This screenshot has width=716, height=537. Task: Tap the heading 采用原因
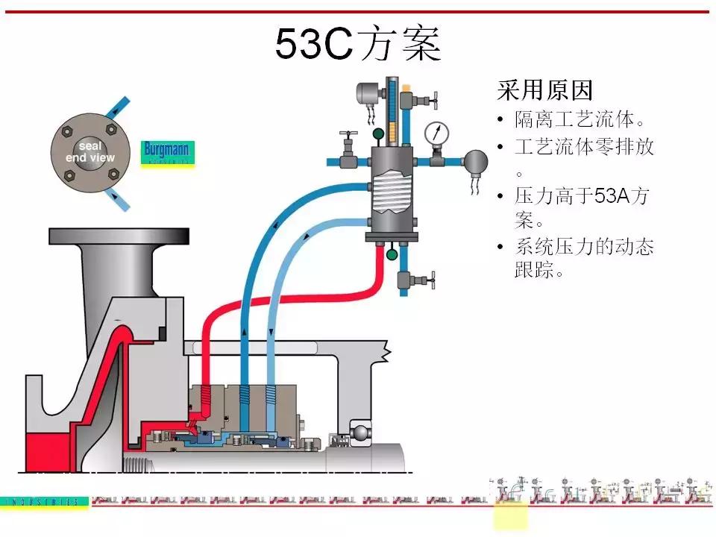coord(544,91)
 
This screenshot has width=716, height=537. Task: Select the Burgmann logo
coord(168,152)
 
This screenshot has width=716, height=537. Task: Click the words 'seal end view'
coord(90,152)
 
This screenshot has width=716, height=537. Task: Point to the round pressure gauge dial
coord(436,133)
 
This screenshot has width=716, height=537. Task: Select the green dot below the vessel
coord(391,254)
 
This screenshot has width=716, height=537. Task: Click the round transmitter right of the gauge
coord(475,159)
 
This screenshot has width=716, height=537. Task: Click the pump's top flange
coord(119,236)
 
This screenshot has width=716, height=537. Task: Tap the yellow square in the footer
coord(510,515)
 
